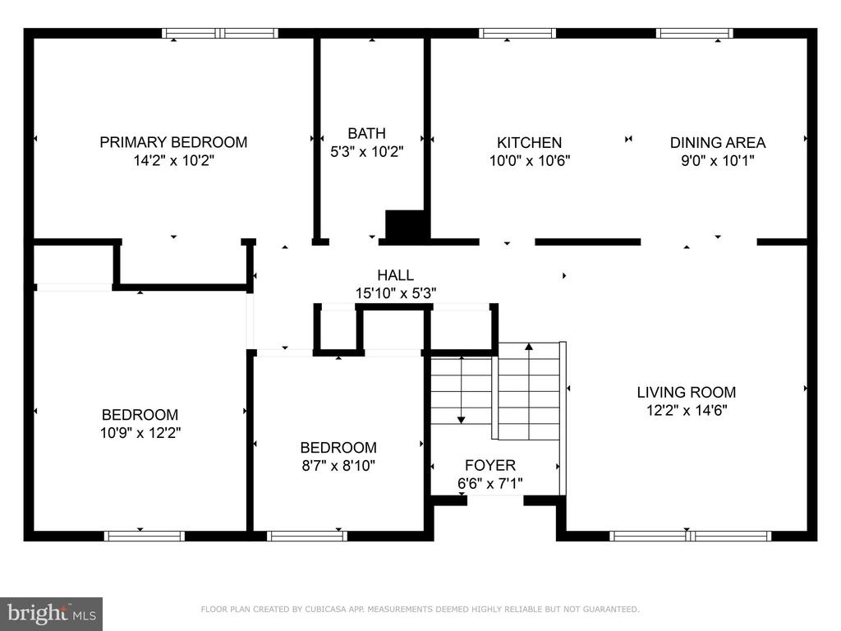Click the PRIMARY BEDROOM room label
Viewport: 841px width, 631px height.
click(173, 142)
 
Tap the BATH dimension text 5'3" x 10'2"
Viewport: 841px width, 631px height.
click(366, 152)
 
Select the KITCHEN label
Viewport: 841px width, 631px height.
click(530, 143)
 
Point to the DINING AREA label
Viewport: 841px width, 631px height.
click(718, 143)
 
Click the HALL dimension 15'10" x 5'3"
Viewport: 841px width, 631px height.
click(396, 293)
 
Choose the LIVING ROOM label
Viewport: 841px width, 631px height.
click(687, 392)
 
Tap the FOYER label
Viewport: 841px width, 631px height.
click(490, 465)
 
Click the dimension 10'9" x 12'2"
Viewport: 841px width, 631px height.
click(140, 432)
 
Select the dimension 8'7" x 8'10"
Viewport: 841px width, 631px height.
click(338, 465)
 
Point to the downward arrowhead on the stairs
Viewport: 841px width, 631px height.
click(462, 420)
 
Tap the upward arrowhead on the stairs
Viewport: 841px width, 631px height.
click(529, 347)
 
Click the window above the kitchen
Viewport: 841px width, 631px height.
click(517, 33)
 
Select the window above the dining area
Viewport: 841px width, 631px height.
click(695, 33)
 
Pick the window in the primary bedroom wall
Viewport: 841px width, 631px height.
click(220, 33)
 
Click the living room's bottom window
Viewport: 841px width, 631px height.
click(690, 536)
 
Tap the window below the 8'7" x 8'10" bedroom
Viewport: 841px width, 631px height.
click(307, 536)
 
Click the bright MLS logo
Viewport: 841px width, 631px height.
click(52, 614)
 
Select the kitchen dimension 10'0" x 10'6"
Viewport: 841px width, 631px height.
click(530, 160)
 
